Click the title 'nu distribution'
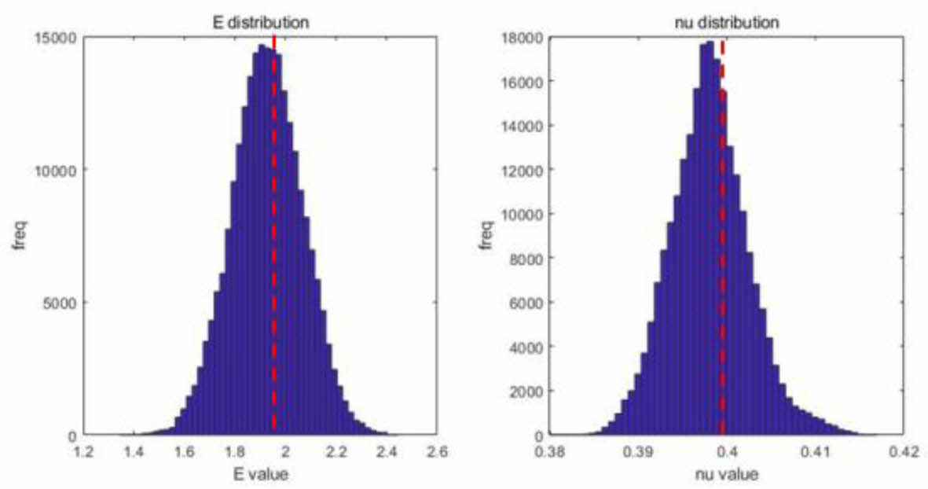[x=728, y=23]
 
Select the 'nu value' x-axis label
[x=728, y=474]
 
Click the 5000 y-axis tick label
[x=61, y=303]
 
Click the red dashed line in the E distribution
[x=273, y=236]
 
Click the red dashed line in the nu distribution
[x=722, y=236]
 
